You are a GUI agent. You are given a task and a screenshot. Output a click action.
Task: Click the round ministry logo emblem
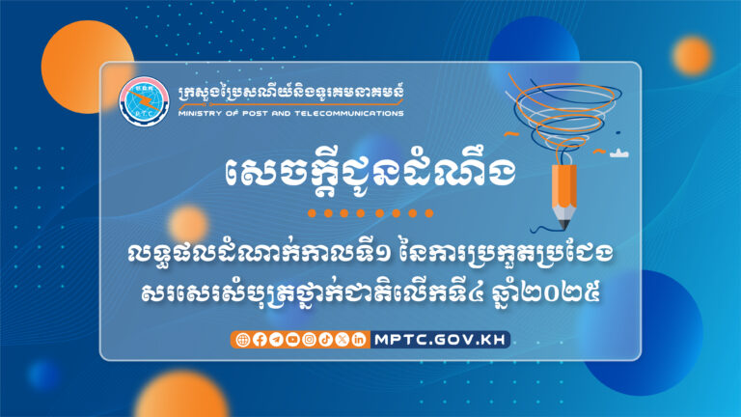(x=143, y=101)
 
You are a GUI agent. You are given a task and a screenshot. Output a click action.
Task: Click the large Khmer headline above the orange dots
(x=370, y=173)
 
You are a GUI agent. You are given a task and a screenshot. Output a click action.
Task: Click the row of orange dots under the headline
(x=370, y=212)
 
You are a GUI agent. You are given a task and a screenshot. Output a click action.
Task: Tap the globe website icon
(x=242, y=339)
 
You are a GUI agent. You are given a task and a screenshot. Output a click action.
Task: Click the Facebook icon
(x=259, y=339)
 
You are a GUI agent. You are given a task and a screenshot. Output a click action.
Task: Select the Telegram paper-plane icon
(x=275, y=339)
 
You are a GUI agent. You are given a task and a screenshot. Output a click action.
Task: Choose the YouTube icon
(x=291, y=339)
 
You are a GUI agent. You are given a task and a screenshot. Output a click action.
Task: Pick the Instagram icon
(x=309, y=339)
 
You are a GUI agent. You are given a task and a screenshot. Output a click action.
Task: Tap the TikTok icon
(x=325, y=339)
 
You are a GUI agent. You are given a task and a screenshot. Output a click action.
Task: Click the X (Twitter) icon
(x=342, y=339)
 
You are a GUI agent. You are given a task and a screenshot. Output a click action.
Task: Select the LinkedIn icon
(x=359, y=339)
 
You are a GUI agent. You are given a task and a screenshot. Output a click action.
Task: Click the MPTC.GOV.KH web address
(x=439, y=339)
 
